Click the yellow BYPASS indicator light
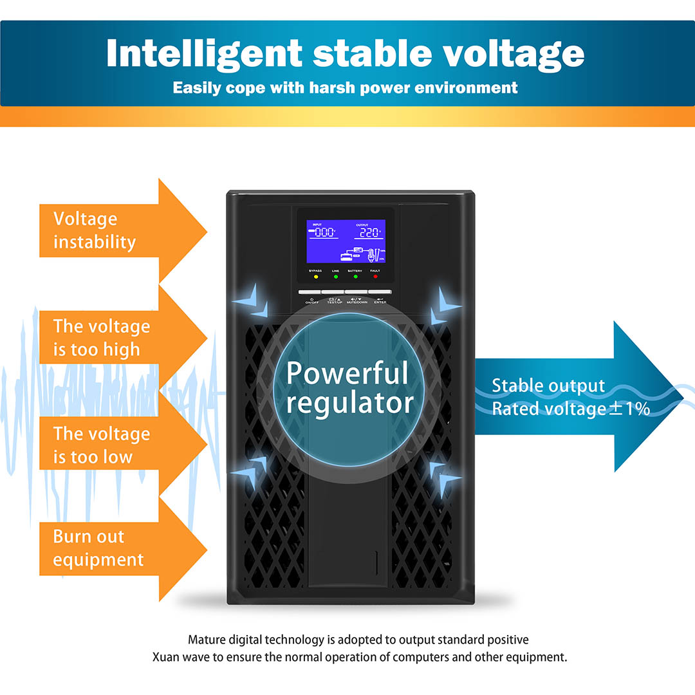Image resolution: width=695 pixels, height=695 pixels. (316, 277)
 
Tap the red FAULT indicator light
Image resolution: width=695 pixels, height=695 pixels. (375, 277)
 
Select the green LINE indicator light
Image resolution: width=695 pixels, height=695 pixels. (335, 277)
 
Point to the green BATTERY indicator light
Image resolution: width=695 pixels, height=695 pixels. (355, 277)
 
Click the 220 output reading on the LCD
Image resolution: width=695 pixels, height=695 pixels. (369, 232)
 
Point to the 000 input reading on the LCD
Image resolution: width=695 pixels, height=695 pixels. (325, 232)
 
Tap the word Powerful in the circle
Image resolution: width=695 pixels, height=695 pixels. (347, 373)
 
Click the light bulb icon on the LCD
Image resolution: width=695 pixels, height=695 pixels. (373, 256)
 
